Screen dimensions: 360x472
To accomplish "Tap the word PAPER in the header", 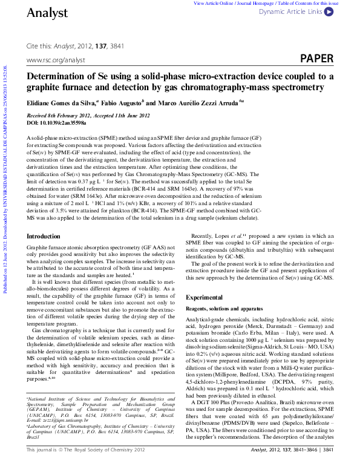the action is click(316, 58).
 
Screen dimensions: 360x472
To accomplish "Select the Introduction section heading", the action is click(44, 235).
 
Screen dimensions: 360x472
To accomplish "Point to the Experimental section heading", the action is click(205, 298).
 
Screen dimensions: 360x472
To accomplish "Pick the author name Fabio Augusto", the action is click(125, 103).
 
